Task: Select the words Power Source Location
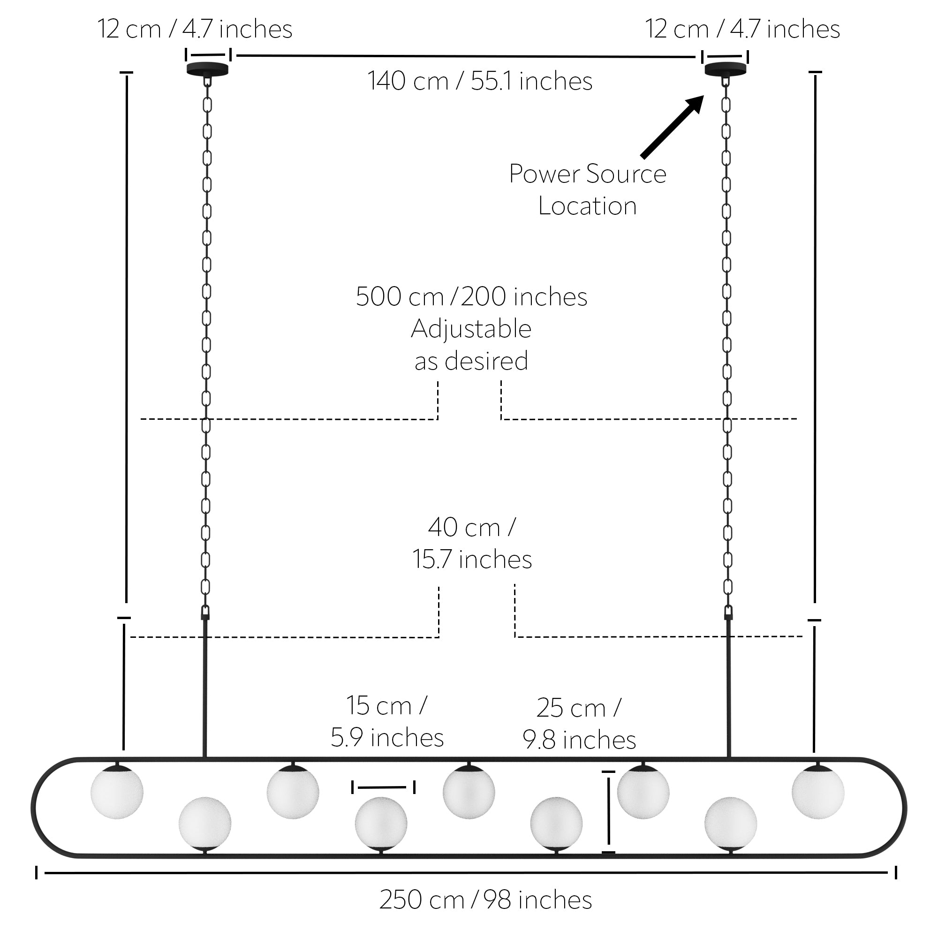(x=588, y=189)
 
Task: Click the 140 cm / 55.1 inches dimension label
(x=480, y=81)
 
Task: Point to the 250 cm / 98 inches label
(x=485, y=900)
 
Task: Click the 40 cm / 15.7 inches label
(x=472, y=543)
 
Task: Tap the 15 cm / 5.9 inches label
(x=387, y=721)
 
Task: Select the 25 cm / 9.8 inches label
(x=579, y=723)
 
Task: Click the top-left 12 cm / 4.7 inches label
(x=195, y=29)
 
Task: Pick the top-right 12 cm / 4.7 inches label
(x=742, y=29)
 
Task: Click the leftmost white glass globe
(x=117, y=792)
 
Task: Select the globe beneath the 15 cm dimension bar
(x=381, y=824)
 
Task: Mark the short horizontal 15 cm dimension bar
(x=383, y=787)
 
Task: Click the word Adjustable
(x=471, y=329)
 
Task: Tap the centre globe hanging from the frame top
(x=469, y=792)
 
